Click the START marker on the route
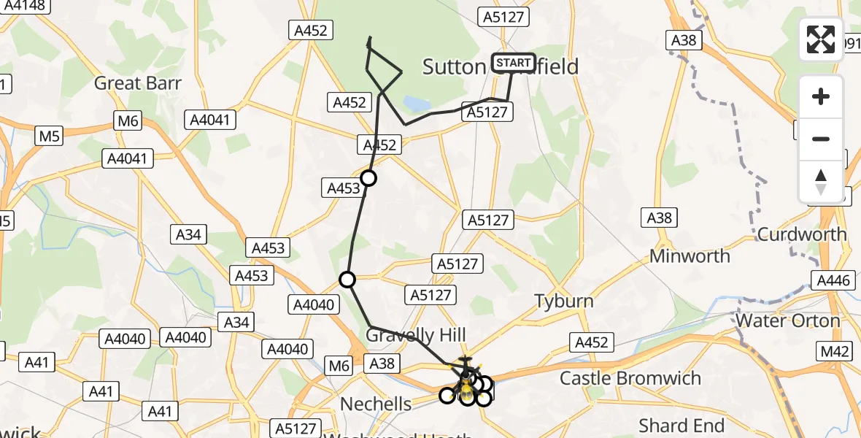514,63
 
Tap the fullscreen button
821,39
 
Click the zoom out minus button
821,139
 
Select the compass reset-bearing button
821,182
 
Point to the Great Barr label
137,82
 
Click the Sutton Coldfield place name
501,67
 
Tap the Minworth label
690,256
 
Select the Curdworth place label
802,234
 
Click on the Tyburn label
564,301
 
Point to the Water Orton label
788,320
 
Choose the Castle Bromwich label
630,378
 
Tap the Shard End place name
682,425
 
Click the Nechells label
377,404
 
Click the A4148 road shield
25,6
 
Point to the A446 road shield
833,279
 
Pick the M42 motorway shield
835,352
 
